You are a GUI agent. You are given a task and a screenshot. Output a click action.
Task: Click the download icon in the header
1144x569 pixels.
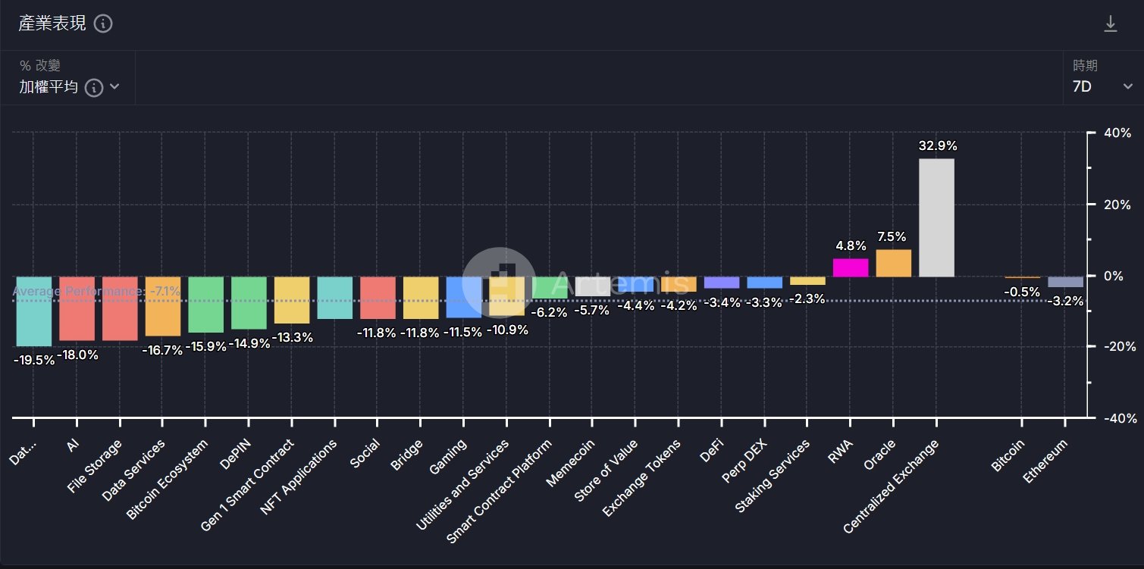(1110, 24)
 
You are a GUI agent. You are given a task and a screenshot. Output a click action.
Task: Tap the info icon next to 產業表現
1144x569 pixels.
(103, 23)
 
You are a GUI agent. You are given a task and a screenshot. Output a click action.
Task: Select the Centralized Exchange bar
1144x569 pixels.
(936, 217)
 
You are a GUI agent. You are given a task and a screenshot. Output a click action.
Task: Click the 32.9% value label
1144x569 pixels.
(938, 146)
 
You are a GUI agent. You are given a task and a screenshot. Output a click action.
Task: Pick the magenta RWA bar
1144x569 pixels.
(850, 267)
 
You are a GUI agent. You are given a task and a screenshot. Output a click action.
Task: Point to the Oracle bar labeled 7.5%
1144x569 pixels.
(893, 263)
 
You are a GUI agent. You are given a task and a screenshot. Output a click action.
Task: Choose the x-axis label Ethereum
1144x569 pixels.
(1045, 461)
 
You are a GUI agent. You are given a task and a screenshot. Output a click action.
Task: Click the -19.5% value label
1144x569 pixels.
(34, 361)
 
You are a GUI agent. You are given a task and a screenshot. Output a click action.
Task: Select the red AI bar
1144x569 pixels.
(77, 308)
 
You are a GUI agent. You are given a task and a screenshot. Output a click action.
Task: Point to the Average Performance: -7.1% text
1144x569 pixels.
(96, 292)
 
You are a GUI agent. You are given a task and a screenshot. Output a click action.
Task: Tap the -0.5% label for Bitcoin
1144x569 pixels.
(1022, 292)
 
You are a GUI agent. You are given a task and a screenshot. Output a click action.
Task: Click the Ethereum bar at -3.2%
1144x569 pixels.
(1065, 282)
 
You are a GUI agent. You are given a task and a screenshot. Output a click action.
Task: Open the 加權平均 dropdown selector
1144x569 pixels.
(68, 87)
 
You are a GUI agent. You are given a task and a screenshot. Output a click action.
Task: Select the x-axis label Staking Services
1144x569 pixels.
(773, 476)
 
